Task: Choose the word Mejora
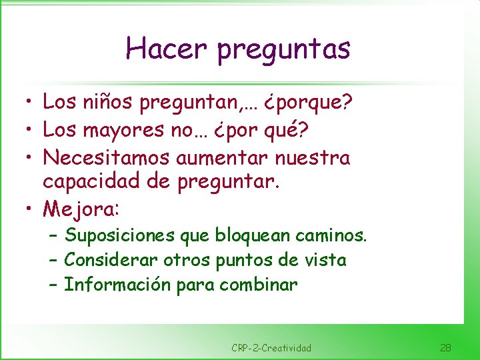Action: pos(79,209)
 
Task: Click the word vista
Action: pos(325,260)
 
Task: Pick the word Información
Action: pos(117,285)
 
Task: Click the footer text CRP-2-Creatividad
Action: pos(271,348)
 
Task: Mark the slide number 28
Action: pos(446,347)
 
